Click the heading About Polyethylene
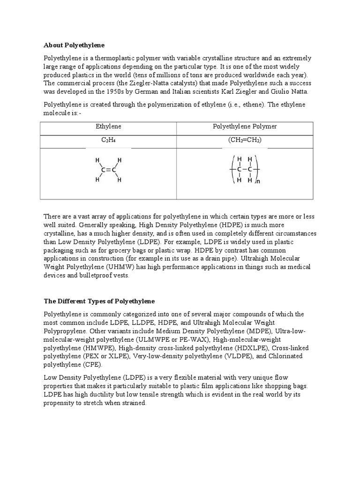[x=74, y=45]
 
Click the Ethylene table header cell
[x=108, y=127]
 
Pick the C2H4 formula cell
[x=108, y=141]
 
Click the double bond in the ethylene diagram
[x=108, y=170]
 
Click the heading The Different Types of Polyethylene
[x=99, y=300]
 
